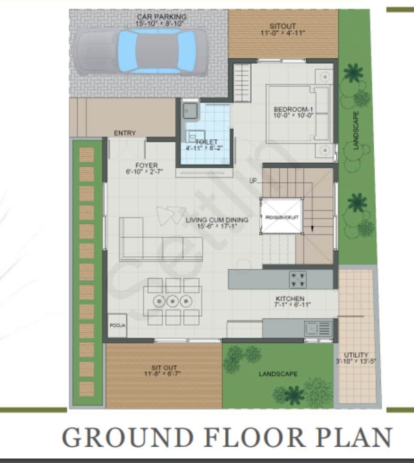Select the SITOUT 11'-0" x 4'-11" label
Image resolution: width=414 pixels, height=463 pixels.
click(283, 29)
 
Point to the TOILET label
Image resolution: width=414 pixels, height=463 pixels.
click(206, 144)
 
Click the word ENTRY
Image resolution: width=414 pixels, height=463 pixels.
click(125, 133)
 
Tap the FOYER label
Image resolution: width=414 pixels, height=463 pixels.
click(147, 168)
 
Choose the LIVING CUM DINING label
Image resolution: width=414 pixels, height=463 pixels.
click(217, 222)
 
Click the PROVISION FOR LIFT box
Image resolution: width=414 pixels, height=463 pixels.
click(282, 217)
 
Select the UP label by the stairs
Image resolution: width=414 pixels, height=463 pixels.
click(253, 181)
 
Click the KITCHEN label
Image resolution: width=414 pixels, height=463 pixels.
click(290, 301)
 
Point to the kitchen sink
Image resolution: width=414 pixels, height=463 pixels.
click(317, 329)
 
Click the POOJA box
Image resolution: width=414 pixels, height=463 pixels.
click(117, 326)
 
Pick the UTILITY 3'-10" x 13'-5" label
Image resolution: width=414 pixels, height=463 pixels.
click(356, 358)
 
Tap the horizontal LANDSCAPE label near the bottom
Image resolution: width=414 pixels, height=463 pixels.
click(278, 374)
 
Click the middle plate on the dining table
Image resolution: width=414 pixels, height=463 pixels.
click(172, 301)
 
